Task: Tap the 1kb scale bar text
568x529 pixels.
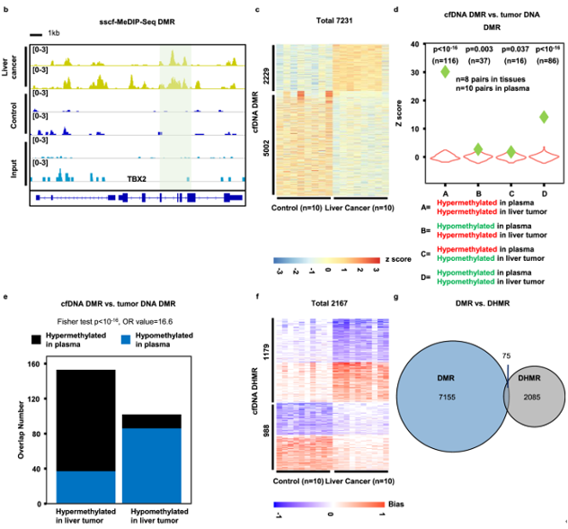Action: click(x=67, y=33)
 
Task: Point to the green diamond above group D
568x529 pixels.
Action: click(x=542, y=117)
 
